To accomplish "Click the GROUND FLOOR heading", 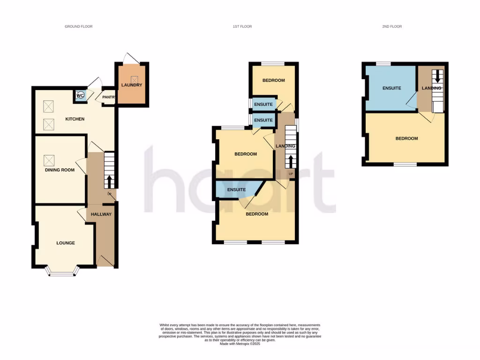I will click(x=79, y=27).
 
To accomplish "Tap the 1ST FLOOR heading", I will click(x=242, y=27).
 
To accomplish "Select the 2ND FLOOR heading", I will click(x=392, y=27).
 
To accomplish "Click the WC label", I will click(x=80, y=96).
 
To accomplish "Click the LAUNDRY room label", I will click(x=131, y=85).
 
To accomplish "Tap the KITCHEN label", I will click(x=75, y=119).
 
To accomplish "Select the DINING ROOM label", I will click(x=60, y=170).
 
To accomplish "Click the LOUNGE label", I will click(x=66, y=243).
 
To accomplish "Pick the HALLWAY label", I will click(x=101, y=214).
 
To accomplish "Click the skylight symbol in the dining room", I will click(x=49, y=160).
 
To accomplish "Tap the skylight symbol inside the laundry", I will click(x=133, y=79).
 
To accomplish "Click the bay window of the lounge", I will click(x=62, y=272).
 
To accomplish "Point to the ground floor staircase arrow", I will click(x=110, y=181).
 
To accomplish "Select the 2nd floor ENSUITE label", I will click(x=391, y=88).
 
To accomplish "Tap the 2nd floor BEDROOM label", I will click(x=406, y=138).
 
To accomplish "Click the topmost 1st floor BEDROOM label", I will click(x=273, y=81).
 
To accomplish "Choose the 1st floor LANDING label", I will click(x=285, y=146).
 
